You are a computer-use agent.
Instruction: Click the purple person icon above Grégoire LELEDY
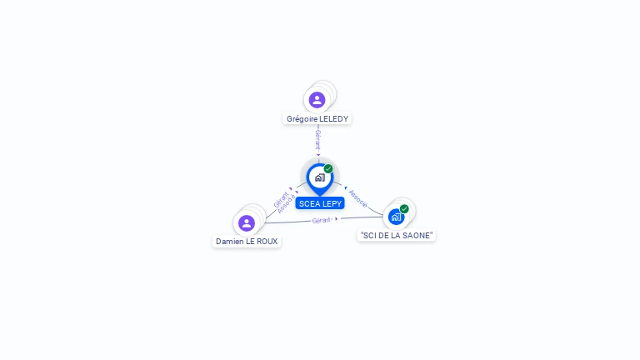coord(317,100)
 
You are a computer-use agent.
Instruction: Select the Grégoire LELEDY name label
coord(317,119)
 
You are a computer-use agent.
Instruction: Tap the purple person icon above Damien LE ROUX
coord(247,223)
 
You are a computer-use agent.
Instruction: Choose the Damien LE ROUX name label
coord(247,242)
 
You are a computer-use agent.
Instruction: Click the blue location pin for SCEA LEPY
coord(319,177)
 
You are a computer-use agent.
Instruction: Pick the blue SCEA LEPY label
coord(320,203)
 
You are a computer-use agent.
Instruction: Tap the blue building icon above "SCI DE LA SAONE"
coord(396,217)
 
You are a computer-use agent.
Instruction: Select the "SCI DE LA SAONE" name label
coord(397,236)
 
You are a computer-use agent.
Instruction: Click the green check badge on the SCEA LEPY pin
coord(328,169)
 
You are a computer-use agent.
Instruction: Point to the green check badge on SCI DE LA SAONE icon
coord(404,209)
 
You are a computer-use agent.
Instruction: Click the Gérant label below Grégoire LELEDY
coord(317,139)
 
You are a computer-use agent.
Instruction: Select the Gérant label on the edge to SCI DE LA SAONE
coord(322,220)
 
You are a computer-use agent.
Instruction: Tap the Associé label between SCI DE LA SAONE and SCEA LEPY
coord(358,198)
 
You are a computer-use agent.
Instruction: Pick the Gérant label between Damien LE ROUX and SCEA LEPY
coord(280,199)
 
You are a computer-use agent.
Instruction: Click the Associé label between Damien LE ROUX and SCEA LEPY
coord(287,205)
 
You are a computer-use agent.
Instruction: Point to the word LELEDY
coord(334,119)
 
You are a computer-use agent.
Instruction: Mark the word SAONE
coord(417,236)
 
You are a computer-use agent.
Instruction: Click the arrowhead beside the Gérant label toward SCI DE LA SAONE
coord(337,219)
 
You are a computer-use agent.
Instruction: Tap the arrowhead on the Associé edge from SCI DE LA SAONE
coord(346,188)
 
